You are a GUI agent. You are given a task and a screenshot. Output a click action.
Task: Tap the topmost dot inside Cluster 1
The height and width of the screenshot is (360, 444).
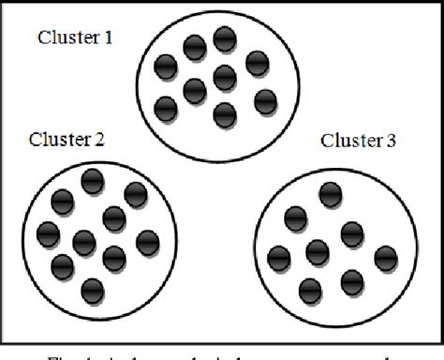224,39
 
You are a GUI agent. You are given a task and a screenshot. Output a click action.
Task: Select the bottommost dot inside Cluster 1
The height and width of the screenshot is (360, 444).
224,113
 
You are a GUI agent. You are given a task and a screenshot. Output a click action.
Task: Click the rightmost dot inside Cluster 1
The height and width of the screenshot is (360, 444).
265,101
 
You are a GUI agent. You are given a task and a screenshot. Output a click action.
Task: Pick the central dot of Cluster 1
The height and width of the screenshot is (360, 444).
224,76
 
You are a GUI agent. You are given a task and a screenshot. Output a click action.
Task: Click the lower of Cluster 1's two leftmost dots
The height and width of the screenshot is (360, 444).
165,107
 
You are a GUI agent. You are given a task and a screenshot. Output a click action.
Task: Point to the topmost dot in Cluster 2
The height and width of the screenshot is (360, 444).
92,181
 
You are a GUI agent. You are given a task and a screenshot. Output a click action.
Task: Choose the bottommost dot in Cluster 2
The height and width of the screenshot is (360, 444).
92,290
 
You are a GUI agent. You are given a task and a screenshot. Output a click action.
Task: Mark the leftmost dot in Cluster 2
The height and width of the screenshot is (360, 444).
48,232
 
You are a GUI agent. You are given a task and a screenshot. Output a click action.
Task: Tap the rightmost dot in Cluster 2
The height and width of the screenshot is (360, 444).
147,242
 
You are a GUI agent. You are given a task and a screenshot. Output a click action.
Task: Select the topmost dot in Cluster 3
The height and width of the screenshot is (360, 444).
328,194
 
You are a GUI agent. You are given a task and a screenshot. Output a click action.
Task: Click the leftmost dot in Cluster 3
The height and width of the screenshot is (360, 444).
278,257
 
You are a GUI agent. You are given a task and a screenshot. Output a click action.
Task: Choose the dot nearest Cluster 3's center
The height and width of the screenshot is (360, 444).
318,250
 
